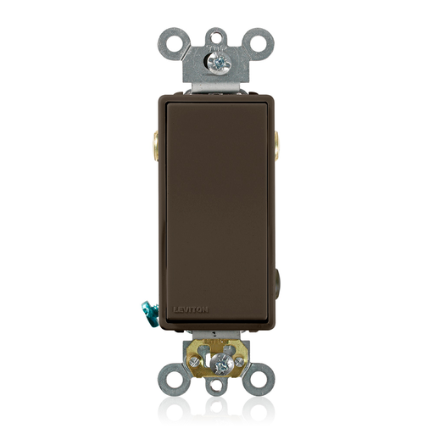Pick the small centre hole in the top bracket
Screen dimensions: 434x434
(218, 36)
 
